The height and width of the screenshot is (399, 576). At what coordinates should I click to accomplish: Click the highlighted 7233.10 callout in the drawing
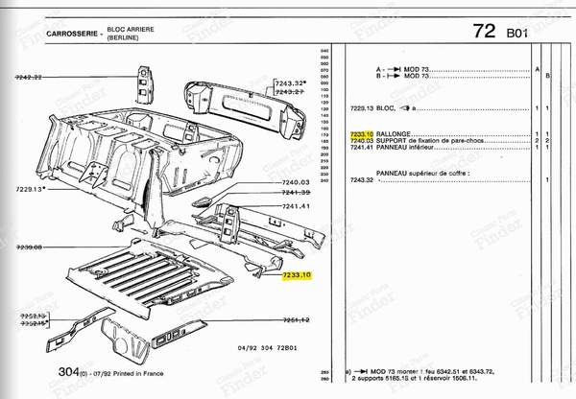[x=298, y=275]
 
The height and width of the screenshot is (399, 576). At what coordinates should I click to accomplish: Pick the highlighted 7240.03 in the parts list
[x=363, y=140]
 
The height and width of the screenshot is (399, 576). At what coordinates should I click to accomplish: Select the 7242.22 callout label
[x=31, y=76]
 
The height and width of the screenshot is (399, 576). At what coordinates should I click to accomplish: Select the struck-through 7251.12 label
[x=295, y=319]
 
